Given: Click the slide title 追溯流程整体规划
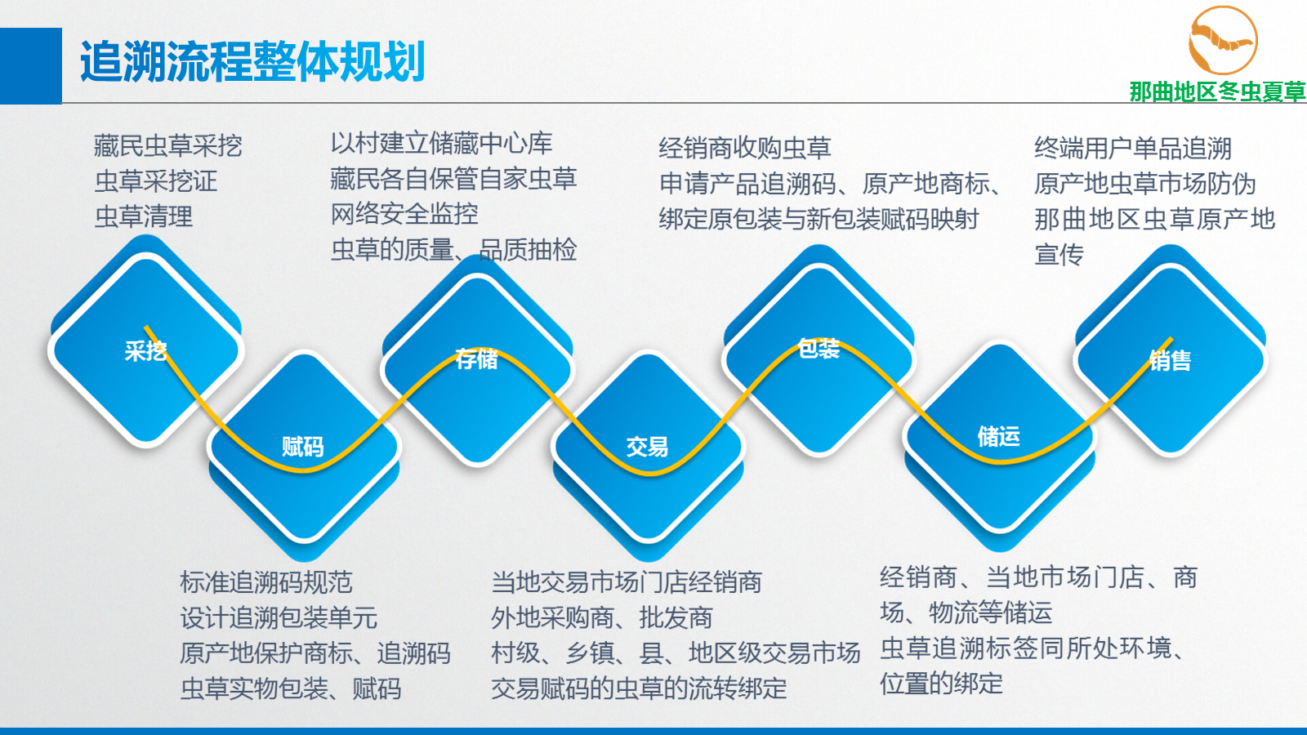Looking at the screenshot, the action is tap(252, 61).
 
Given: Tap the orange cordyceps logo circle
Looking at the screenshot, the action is tap(1223, 40).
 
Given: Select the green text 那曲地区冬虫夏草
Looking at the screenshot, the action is tap(1217, 91).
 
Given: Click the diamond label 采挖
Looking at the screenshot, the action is tap(146, 351).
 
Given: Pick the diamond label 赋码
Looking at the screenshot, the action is tap(303, 447).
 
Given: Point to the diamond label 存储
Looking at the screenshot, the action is tap(477, 359).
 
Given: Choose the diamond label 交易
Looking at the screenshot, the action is tap(647, 447).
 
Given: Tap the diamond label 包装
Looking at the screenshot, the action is tap(819, 348).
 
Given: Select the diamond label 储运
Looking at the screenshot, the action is tap(999, 436).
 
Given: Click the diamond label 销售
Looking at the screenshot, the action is tap(1170, 360).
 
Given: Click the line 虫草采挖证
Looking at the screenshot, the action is tap(156, 180).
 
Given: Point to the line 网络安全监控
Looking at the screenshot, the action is tap(404, 214).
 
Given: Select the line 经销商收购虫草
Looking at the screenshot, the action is tap(745, 148).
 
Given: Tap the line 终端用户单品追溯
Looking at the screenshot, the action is tap(1133, 148).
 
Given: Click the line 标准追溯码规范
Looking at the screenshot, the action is tap(266, 582).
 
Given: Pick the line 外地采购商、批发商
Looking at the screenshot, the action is tap(602, 617).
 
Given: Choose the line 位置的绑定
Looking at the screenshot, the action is tap(942, 684).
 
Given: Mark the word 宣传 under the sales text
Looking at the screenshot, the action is tap(1059, 255).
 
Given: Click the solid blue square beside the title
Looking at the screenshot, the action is tap(31, 66).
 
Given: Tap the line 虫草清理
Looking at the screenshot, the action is tap(144, 217).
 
